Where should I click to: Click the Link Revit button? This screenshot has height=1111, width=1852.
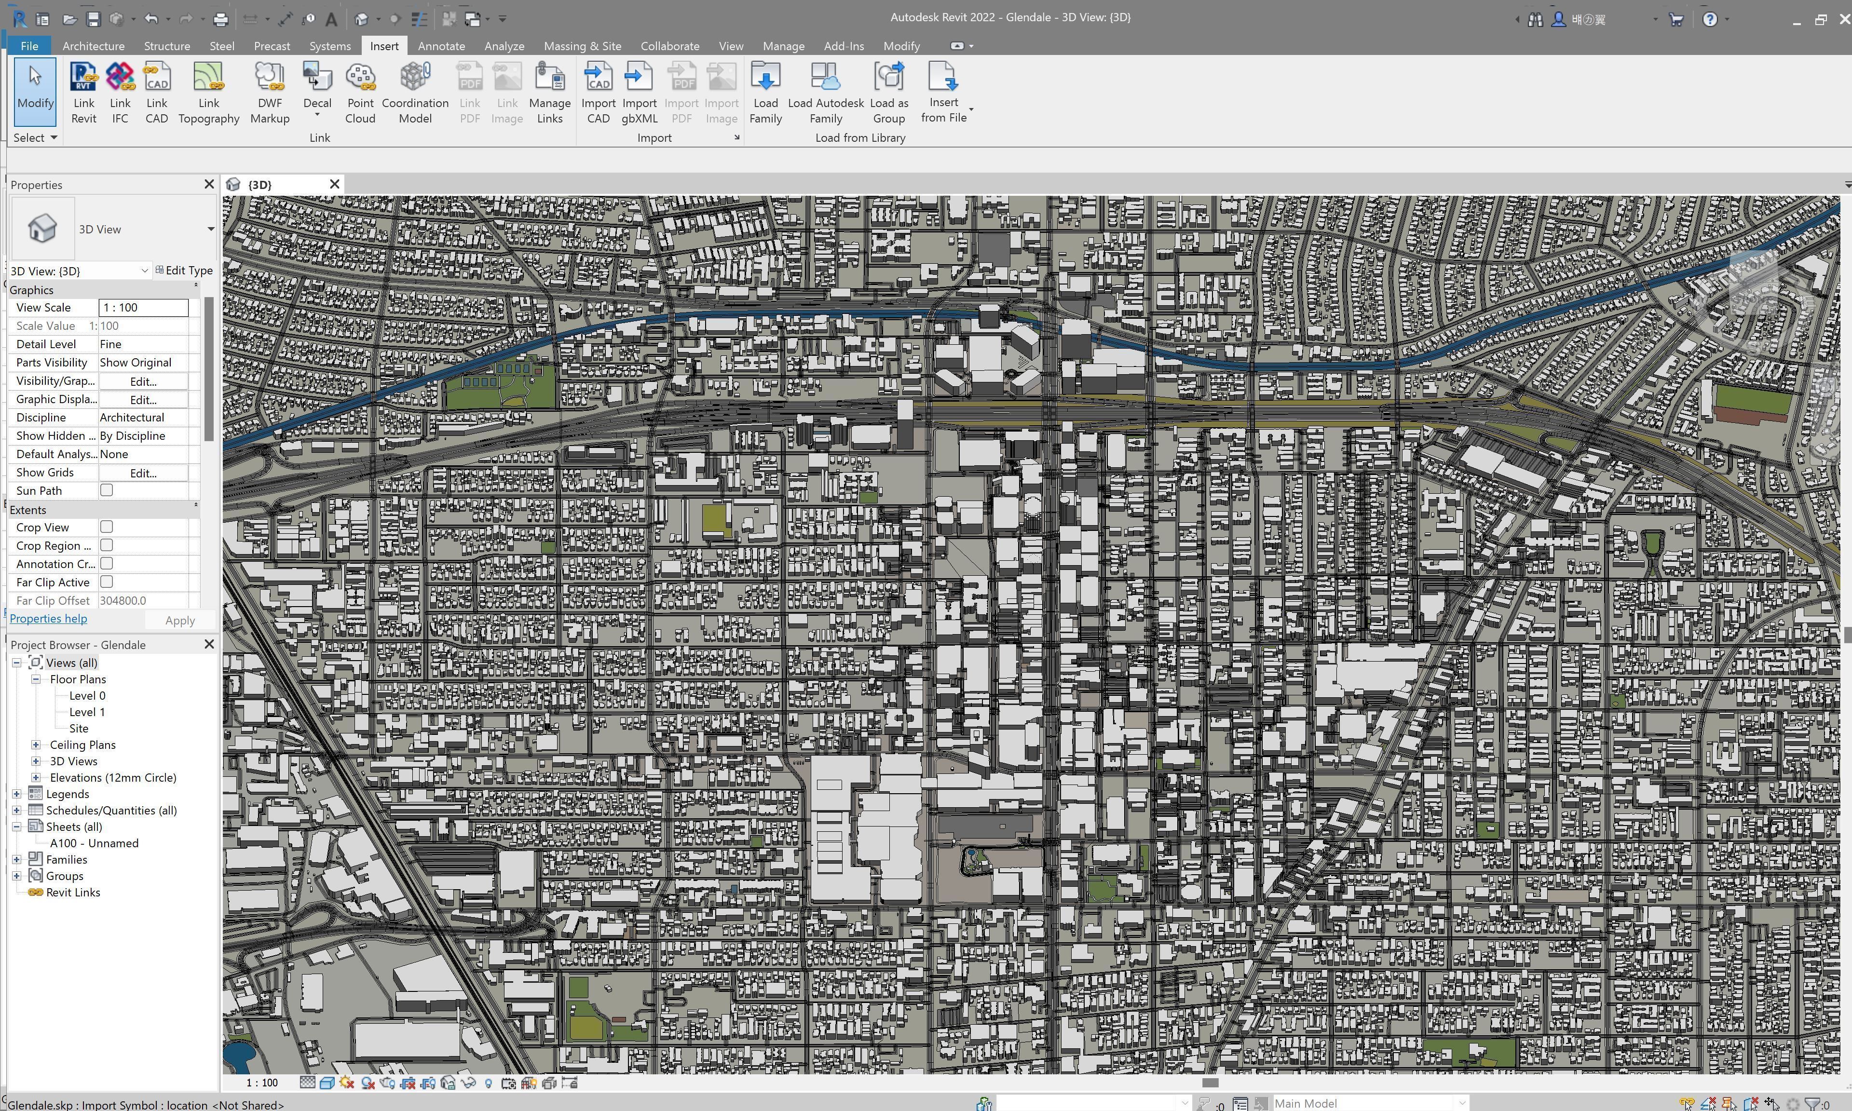coord(83,93)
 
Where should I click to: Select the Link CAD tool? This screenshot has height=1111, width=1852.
coord(156,93)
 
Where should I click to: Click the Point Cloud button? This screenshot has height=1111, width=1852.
coord(360,93)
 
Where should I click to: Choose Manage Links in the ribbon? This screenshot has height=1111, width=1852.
coord(549,93)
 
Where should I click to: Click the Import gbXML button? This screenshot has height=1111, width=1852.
coord(639,93)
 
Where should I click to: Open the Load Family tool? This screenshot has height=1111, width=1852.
coord(765,93)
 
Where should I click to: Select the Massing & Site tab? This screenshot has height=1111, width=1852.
coord(582,46)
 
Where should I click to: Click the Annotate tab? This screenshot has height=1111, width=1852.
coord(441,46)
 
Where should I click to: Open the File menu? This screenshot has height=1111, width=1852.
coord(29,46)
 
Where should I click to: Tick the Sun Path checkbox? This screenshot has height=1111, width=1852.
coord(106,490)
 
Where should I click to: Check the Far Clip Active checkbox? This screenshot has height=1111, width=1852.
coord(106,582)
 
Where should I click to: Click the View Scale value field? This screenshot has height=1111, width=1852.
coord(143,308)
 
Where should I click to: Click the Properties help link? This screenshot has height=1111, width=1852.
coord(48,618)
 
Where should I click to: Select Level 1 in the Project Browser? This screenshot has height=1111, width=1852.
coord(87,712)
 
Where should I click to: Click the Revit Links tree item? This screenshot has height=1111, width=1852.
coord(73,893)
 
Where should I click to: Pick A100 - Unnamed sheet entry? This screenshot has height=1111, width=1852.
coord(94,843)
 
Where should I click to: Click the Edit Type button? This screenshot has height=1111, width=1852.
coord(184,270)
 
